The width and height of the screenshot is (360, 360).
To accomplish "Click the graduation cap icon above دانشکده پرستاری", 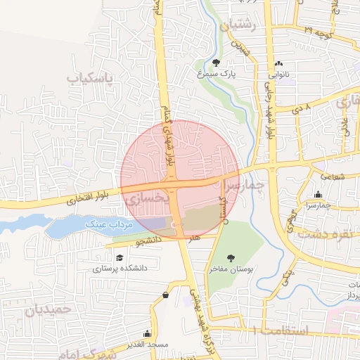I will point(120,258).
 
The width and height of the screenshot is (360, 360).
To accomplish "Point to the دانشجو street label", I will point(149,241).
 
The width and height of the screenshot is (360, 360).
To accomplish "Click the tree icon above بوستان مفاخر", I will point(231,259).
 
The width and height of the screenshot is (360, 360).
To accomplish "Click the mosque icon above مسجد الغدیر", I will point(147,333).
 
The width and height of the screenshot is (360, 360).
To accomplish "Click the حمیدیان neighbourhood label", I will point(49,308).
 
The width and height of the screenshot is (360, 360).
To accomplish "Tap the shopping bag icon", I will point(165,295).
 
